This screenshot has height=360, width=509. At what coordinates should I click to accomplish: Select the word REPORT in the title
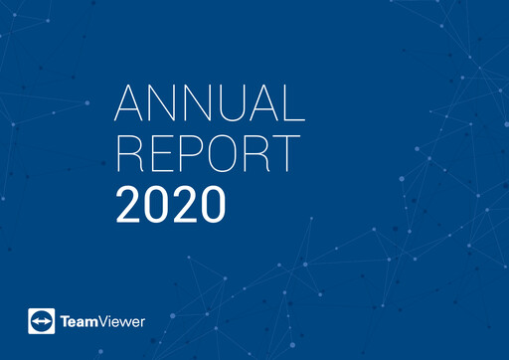[208, 154]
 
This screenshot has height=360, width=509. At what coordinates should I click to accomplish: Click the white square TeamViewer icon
[43, 321]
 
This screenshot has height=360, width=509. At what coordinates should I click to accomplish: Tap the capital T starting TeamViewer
[65, 321]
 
